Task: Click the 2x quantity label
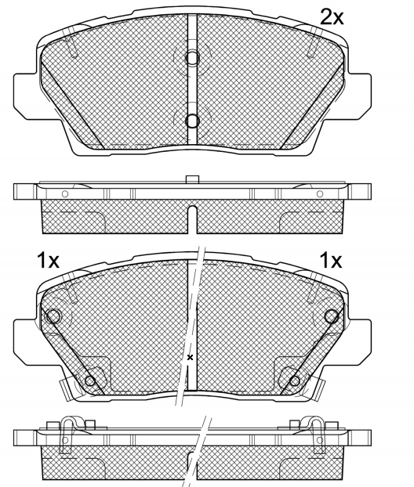[x=332, y=17]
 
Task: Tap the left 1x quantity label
[x=48, y=260]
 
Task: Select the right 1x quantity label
[x=331, y=260]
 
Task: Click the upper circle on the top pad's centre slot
[x=192, y=57]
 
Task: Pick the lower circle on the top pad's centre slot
[x=192, y=121]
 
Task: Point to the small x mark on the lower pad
[x=190, y=357]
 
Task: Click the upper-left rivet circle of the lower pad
[x=53, y=316]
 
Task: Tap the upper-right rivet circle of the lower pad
[x=332, y=316]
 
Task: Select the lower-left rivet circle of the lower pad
[x=90, y=381]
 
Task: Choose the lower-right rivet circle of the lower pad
[x=295, y=381]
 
